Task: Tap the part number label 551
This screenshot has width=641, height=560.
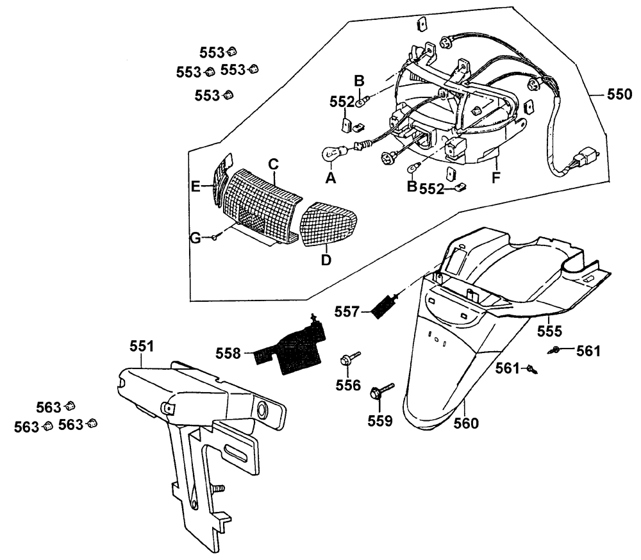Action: pos(141,347)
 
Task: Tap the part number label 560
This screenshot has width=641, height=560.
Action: pos(466,423)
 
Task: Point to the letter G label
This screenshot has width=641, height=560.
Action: pos(195,238)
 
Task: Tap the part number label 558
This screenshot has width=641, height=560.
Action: pos(229,353)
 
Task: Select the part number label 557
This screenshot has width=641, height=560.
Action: pos(347,311)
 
